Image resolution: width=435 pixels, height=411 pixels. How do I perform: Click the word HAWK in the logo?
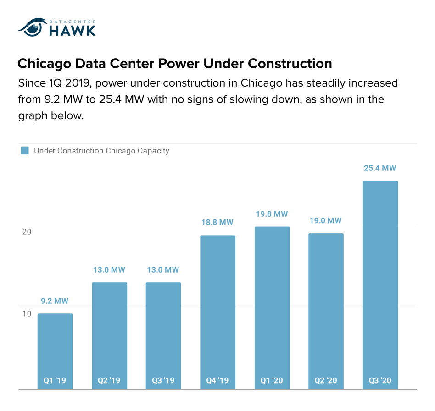click(72, 30)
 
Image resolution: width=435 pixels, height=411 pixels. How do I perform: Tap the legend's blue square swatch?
click(25, 151)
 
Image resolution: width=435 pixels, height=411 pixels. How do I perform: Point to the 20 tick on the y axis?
click(27, 231)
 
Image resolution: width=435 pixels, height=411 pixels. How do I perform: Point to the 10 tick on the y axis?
click(27, 313)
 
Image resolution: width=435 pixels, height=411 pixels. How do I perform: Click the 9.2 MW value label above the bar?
click(55, 301)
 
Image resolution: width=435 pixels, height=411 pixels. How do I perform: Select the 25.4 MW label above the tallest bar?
click(380, 168)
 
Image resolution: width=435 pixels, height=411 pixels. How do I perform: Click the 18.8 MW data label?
click(217, 222)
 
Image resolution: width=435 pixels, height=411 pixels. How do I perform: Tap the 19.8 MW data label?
click(272, 214)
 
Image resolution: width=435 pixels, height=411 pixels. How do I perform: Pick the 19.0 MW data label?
click(326, 220)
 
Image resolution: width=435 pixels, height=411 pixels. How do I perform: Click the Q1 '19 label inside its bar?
click(55, 380)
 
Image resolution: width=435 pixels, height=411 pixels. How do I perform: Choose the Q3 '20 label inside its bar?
click(380, 380)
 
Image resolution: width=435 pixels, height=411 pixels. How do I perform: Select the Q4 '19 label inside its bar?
click(217, 380)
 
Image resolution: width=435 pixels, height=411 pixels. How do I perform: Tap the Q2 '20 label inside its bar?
click(326, 380)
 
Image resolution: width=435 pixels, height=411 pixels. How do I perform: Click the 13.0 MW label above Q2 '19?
click(109, 270)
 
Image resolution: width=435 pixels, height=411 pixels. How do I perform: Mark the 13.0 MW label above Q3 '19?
click(163, 270)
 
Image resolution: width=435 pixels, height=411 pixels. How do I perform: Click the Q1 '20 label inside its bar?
click(272, 380)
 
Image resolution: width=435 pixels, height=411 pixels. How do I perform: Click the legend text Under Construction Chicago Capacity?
click(101, 151)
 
